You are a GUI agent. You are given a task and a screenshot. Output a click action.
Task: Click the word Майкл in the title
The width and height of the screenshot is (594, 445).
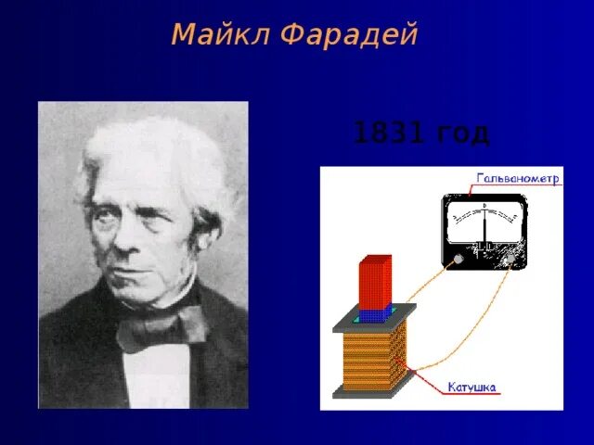(219, 35)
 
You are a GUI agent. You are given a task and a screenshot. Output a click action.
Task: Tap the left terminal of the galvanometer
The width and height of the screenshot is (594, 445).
(458, 261)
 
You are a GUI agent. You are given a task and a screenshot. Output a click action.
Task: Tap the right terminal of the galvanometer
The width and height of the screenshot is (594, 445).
(510, 261)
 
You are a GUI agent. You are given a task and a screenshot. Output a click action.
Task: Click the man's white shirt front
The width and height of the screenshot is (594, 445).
(158, 375)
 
